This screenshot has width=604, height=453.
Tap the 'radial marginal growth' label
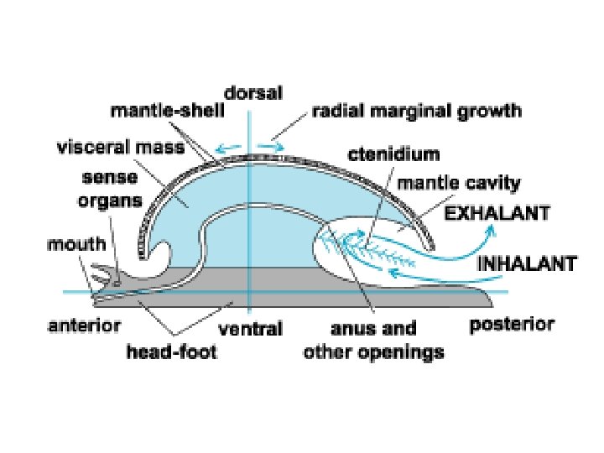click(x=416, y=111)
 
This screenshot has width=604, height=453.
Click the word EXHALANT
click(x=497, y=213)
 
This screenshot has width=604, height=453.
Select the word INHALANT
click(x=527, y=263)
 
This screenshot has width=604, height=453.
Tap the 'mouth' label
click(x=76, y=246)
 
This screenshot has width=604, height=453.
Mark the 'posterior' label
click(x=512, y=324)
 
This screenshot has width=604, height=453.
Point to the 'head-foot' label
click(x=171, y=352)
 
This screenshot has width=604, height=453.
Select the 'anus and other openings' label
click(x=372, y=340)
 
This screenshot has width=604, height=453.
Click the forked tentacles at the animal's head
click(x=103, y=275)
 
